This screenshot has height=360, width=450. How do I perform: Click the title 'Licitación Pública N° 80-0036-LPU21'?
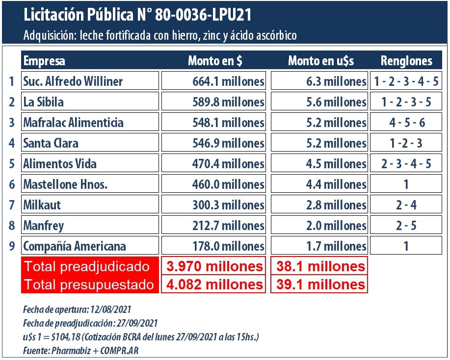pyautogui.click(x=137, y=15)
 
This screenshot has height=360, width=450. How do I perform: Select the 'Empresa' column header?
pyautogui.click(x=44, y=61)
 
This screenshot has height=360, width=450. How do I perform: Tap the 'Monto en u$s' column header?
pyautogui.click(x=321, y=61)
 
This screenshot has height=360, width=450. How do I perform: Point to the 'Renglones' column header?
pyautogui.click(x=406, y=61)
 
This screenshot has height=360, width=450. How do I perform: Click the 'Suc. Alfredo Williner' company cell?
pyautogui.click(x=91, y=81)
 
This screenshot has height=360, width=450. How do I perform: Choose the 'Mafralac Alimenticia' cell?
pyautogui.click(x=91, y=122)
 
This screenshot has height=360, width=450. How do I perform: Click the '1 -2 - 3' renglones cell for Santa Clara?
pyautogui.click(x=406, y=143)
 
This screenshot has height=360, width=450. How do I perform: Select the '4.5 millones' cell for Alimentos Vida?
pyautogui.click(x=319, y=163)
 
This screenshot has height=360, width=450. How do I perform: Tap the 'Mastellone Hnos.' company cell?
pyautogui.click(x=91, y=184)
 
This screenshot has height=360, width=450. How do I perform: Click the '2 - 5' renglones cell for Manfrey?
pyautogui.click(x=406, y=225)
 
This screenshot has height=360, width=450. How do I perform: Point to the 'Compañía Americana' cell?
pyautogui.click(x=91, y=246)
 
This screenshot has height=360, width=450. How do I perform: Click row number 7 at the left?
pyautogui.click(x=11, y=205)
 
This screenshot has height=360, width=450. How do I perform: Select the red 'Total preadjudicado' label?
pyautogui.click(x=89, y=266)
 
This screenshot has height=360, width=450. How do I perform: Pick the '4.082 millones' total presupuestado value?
pyautogui.click(x=214, y=284)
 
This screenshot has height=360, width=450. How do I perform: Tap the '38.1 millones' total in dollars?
pyautogui.click(x=319, y=266)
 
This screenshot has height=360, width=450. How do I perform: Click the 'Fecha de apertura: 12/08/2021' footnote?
pyautogui.click(x=77, y=310)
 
